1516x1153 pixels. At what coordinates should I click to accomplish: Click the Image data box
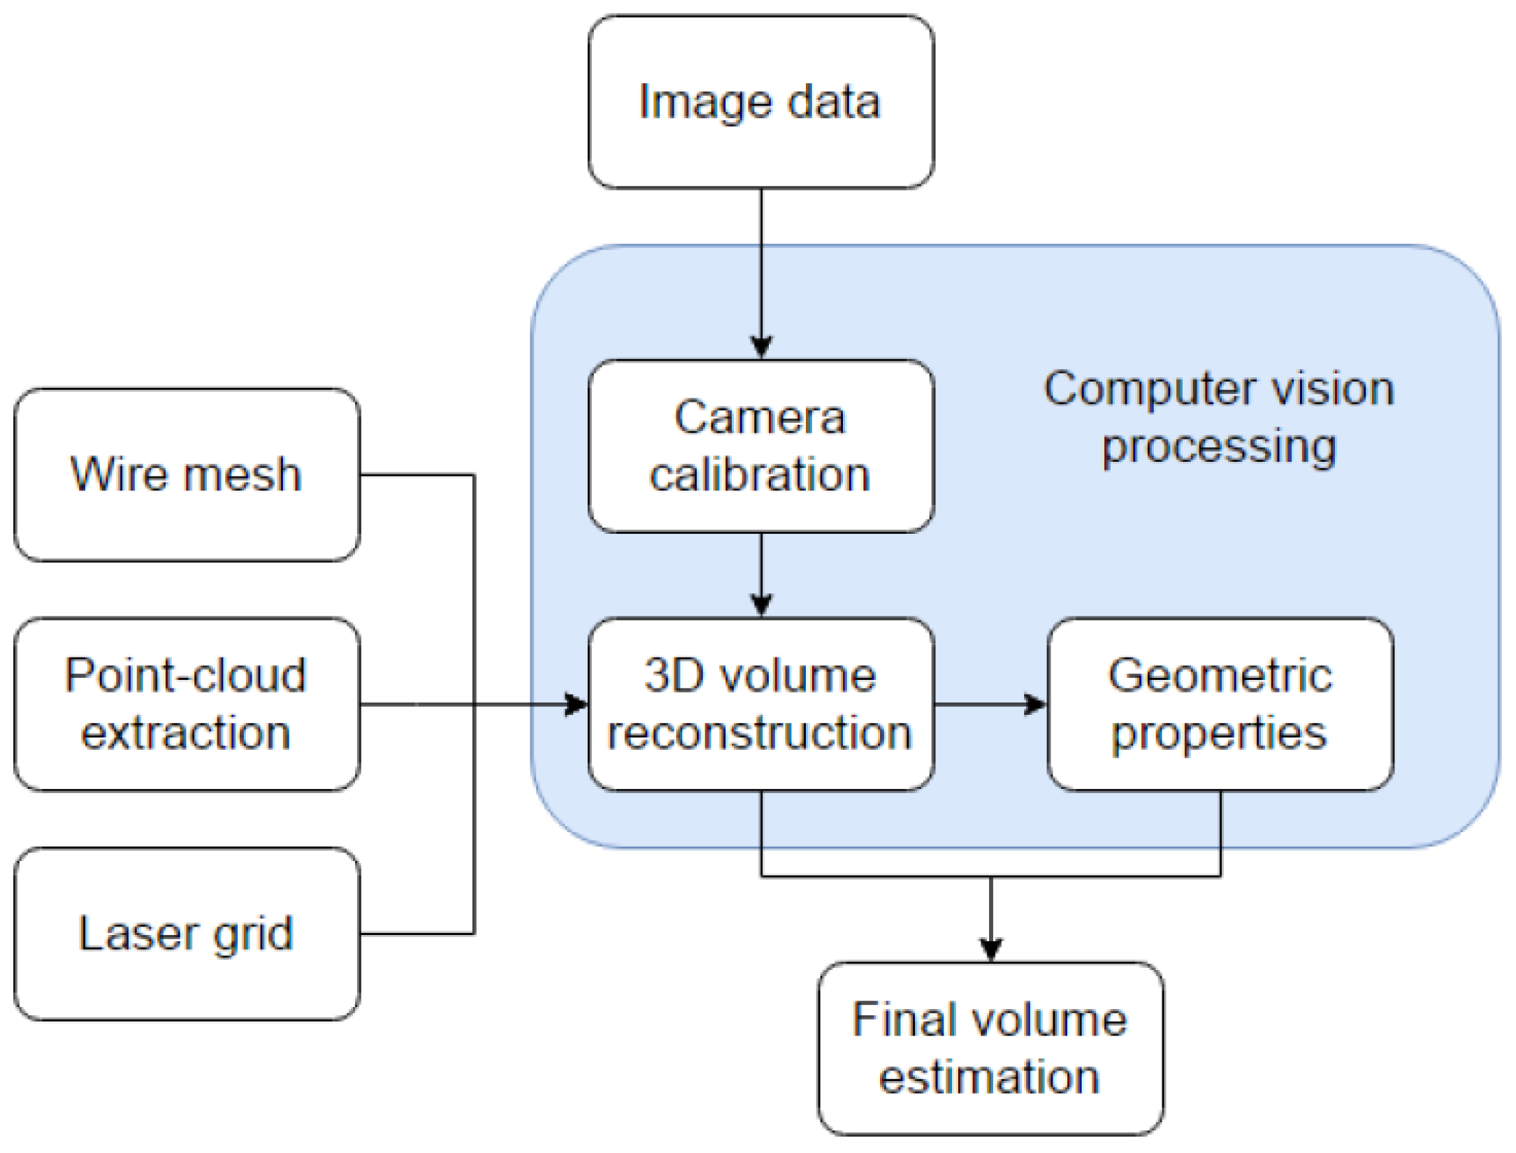760,102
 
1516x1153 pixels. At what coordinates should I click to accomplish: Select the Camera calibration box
760,446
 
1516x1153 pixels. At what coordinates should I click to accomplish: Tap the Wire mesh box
187,474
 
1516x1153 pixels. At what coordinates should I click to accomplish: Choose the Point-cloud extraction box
187,704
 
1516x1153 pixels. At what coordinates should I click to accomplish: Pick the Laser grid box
187,934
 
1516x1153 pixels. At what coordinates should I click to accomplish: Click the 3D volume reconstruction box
760,704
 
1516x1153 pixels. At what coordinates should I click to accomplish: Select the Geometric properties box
1220,704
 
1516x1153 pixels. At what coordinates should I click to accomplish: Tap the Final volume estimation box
990,1048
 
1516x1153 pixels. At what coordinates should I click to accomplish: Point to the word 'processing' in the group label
1220,447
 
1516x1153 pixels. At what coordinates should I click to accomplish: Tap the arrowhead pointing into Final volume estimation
991,949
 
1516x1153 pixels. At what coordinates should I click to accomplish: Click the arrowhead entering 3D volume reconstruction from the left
576,704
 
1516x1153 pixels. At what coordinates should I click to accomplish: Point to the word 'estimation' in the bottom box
990,1078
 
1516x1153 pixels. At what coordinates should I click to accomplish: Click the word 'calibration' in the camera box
760,475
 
